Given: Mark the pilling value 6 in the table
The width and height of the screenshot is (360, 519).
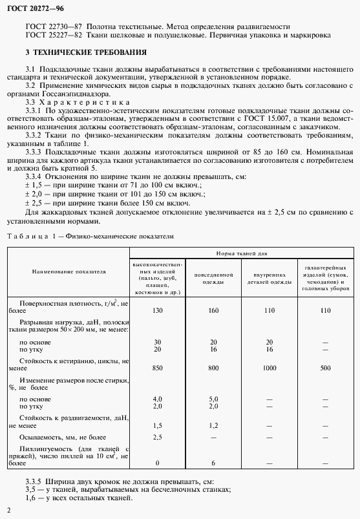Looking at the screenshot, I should tap(213, 463).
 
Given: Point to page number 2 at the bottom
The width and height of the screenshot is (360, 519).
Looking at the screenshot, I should tap(8, 512).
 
